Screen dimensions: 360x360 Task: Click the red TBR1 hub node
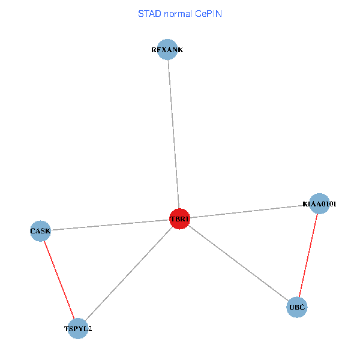click(x=180, y=220)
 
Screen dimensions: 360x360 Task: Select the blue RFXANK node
click(x=167, y=50)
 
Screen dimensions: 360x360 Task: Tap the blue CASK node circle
click(x=40, y=231)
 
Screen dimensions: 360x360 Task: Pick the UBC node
click(x=297, y=308)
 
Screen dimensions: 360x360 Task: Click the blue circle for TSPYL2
click(x=78, y=328)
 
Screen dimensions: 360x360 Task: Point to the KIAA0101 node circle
click(x=319, y=204)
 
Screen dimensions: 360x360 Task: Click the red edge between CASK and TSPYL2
click(x=59, y=279)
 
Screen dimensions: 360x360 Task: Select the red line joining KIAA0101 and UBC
click(x=308, y=256)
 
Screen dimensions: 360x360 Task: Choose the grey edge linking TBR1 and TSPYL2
click(x=129, y=274)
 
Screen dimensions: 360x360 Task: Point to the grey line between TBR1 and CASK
click(x=111, y=225)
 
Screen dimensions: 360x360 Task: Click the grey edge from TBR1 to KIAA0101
click(x=249, y=212)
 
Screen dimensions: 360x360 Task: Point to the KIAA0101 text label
click(x=319, y=204)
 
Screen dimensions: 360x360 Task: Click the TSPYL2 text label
click(x=78, y=329)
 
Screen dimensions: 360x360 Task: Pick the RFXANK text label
click(x=167, y=50)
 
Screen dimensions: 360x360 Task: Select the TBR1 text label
click(x=180, y=220)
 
